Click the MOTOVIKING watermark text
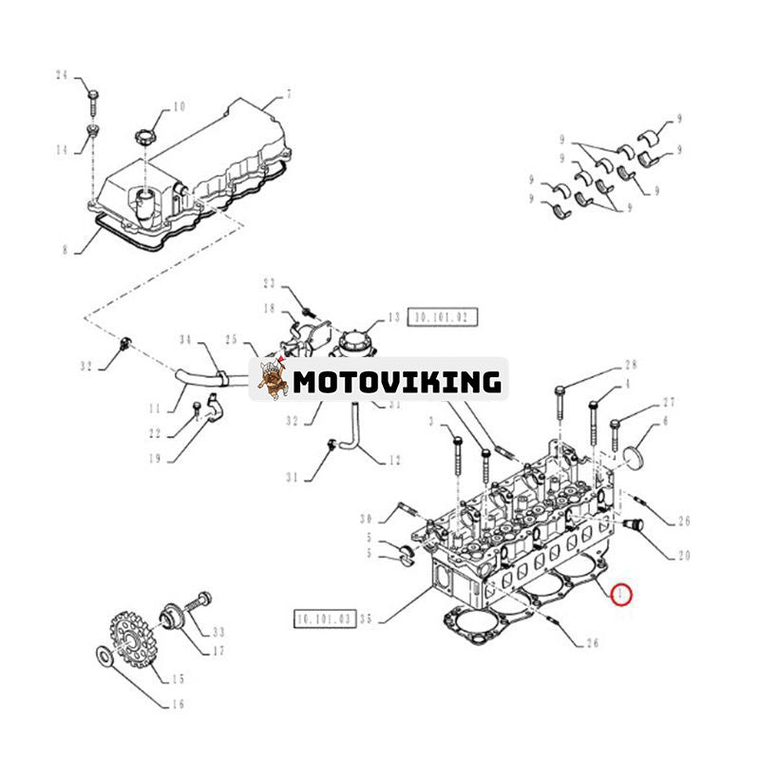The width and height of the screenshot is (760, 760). (396, 382)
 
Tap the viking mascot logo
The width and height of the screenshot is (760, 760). (273, 379)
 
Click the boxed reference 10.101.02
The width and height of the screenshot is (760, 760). (443, 317)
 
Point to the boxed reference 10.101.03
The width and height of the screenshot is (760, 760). (325, 619)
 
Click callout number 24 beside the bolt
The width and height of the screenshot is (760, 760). (63, 75)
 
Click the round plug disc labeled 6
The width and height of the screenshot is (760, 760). (625, 455)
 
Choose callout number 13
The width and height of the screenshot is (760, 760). (393, 318)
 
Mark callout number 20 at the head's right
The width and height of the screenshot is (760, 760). (683, 555)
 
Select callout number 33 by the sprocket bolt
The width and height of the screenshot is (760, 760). (219, 631)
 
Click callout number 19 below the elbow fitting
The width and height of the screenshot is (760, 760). (173, 458)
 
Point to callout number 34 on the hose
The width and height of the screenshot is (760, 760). (186, 339)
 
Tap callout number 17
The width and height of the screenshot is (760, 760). (218, 652)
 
